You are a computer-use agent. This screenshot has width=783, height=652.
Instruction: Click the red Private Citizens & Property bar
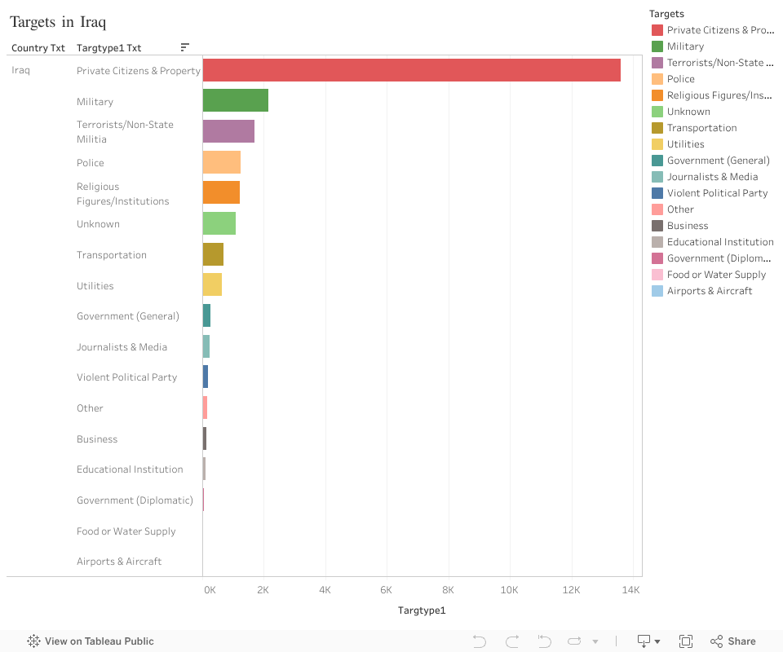point(412,70)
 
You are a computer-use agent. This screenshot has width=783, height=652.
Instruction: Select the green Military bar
point(236,101)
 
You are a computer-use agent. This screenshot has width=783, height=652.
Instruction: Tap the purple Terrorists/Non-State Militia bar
point(228,131)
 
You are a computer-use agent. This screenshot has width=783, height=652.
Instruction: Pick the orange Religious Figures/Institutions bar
point(221,193)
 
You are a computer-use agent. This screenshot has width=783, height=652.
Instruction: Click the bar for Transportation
point(213,254)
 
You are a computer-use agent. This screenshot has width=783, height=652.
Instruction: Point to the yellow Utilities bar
point(212,285)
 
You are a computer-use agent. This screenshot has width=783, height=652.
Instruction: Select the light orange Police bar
point(222,162)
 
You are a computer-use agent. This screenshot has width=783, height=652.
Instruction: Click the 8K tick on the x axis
point(448,590)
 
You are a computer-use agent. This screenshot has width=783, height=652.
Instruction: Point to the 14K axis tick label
point(631,590)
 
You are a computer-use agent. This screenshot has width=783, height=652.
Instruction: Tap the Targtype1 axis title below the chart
point(422,610)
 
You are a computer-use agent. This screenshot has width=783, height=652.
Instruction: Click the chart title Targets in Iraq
point(58,22)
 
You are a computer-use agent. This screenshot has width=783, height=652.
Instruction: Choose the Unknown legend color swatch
point(657,112)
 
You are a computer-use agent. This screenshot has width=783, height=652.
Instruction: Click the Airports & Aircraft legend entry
point(709,291)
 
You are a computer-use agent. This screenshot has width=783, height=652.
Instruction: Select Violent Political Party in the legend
point(717,193)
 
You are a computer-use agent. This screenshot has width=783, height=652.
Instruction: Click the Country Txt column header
point(38,48)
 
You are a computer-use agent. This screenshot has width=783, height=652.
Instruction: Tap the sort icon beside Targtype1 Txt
point(185,48)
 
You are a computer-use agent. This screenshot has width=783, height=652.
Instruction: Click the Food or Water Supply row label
point(126,531)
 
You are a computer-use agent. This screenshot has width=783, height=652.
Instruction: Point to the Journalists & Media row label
point(122,347)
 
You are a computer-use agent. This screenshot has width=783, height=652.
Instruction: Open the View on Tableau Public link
point(91,641)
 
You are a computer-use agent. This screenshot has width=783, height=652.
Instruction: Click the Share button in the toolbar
point(732,641)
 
